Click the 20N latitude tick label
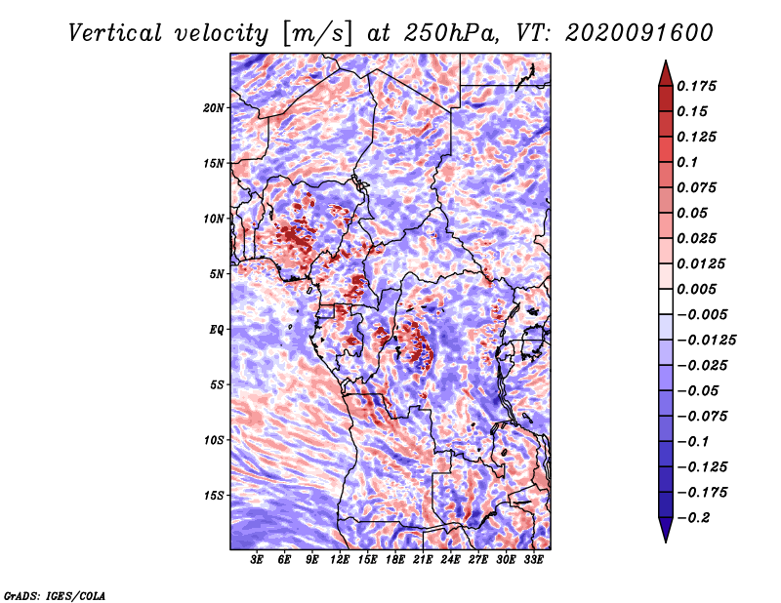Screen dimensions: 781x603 coord(213,108)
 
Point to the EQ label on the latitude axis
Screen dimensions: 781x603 coord(217,330)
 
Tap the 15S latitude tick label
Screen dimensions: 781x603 coord(214,496)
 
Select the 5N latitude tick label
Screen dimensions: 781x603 coord(217,274)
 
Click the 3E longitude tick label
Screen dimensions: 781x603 coord(257,560)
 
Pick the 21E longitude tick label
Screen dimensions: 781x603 coord(423,560)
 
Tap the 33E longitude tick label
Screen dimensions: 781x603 coord(533,560)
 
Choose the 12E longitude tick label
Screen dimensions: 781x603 coord(339,560)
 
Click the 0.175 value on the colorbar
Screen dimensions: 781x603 coord(696,86)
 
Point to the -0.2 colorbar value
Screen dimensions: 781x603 coord(693,518)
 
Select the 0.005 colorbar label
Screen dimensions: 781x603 coord(696,289)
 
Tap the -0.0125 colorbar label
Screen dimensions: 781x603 coord(706,341)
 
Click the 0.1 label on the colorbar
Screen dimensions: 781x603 coord(687,162)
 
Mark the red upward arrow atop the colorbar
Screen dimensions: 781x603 coord(666,73)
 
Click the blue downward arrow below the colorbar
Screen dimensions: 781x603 coord(666,530)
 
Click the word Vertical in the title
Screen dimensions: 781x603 coord(115,33)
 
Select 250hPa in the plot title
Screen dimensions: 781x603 coord(451,33)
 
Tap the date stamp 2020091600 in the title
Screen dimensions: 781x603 coord(639,33)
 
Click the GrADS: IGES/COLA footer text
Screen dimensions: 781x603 coord(55,596)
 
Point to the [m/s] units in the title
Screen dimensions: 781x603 coord(317,33)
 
